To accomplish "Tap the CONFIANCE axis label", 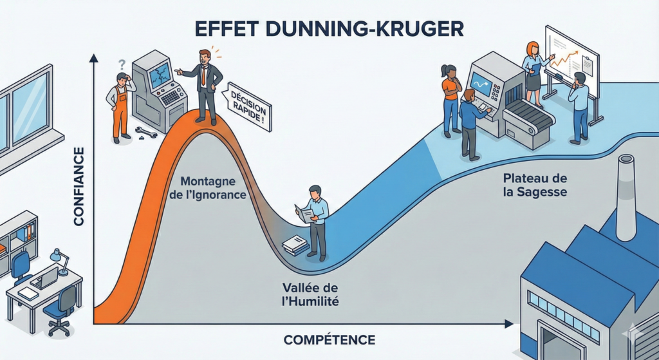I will click(x=79, y=187).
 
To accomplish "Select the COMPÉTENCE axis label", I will click(x=329, y=339).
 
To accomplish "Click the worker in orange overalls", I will click(x=120, y=106).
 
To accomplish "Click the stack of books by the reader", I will click(x=295, y=245).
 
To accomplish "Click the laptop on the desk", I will click(x=46, y=278).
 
